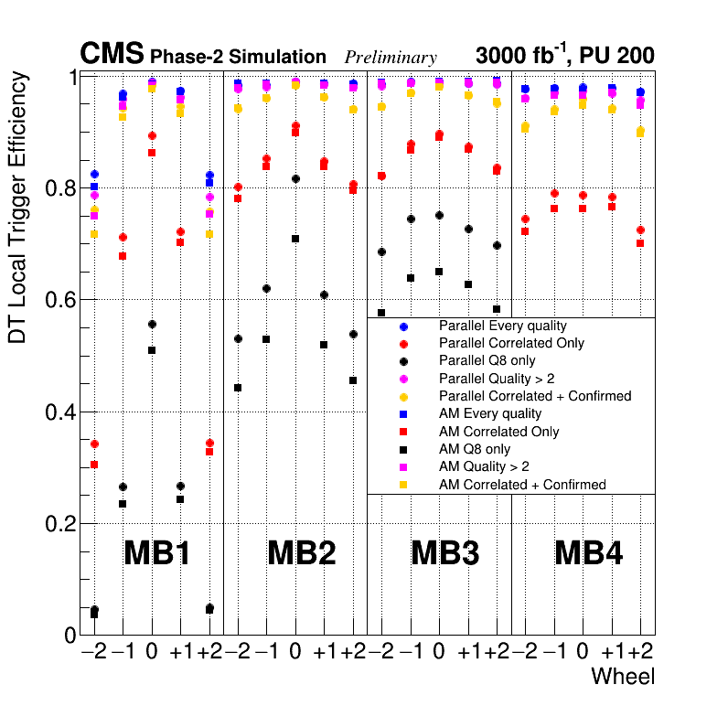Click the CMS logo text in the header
coord(111,54)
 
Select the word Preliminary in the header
coord(391,58)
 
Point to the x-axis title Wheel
coord(623,677)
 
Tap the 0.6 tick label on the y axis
coord(59,300)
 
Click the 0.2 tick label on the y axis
coord(59,524)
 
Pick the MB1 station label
coord(156,552)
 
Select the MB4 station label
coord(589,552)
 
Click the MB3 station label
coord(445,552)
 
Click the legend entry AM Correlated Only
coord(498,432)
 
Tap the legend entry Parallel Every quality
coord(502,326)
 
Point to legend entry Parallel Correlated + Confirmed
coord(535,396)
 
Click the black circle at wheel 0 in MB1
coord(152,325)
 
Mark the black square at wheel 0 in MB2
coord(295,239)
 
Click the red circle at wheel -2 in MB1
coord(94,444)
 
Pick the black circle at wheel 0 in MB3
coord(440,215)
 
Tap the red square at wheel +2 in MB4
coord(641,243)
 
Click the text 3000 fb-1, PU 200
coord(565,55)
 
